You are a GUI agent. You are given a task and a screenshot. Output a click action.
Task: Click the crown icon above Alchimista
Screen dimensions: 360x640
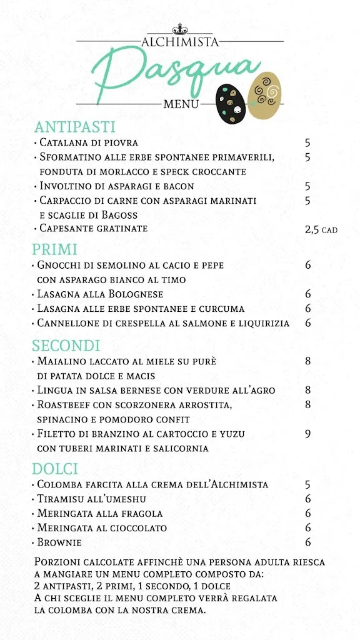pos(180,29)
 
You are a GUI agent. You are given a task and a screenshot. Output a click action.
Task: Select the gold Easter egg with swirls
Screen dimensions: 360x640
pos(265,95)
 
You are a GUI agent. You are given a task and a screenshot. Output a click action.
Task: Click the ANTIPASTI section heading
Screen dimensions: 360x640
pos(75,127)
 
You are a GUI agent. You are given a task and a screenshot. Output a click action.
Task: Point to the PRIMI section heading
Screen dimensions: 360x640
pos(55,249)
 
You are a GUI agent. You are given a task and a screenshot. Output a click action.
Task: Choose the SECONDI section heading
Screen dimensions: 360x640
pos(66,346)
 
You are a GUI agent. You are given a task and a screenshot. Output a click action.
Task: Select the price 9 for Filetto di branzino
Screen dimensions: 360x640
pos(307,434)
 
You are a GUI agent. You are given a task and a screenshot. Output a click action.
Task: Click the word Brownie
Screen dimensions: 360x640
pos(59,542)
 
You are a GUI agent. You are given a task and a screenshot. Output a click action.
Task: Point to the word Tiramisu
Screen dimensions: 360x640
pos(61,499)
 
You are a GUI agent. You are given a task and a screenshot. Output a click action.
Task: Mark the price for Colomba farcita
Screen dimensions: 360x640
pos(307,484)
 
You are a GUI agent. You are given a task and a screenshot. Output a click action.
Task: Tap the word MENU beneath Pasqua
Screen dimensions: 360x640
pos(181,104)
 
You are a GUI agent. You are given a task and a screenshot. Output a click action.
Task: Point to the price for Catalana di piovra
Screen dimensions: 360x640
pos(307,143)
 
